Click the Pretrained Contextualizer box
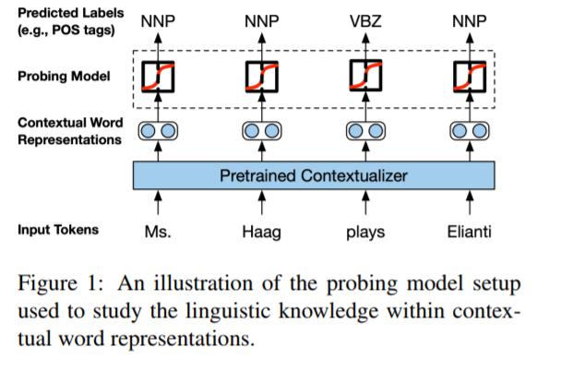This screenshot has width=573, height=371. [314, 175]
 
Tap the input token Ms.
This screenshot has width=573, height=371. [158, 232]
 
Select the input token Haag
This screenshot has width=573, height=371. [262, 233]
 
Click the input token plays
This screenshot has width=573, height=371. [365, 233]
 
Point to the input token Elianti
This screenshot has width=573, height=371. [470, 232]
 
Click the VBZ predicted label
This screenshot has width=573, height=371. [365, 21]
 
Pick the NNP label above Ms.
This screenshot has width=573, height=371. [158, 21]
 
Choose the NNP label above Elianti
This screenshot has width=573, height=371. [470, 21]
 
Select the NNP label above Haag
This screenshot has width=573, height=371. [262, 21]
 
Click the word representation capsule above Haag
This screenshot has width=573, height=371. [262, 131]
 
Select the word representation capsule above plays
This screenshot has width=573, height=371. [365, 131]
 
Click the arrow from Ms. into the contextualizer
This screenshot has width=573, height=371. [158, 203]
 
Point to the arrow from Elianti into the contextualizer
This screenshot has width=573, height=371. [470, 203]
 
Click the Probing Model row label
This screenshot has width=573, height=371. [64, 76]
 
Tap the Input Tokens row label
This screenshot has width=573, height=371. [58, 230]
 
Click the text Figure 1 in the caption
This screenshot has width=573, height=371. [61, 283]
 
